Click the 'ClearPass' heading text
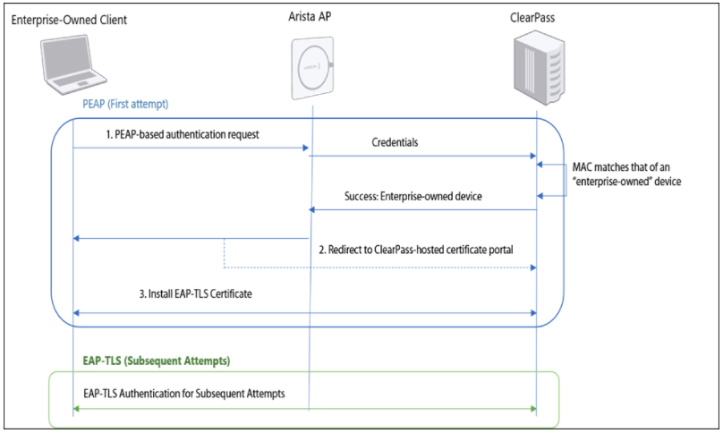click(533, 18)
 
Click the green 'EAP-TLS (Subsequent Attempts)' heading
click(152, 361)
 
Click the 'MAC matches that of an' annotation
click(627, 166)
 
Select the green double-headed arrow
click(304, 409)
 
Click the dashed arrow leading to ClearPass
click(376, 267)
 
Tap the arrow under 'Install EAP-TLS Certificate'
click(304, 313)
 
